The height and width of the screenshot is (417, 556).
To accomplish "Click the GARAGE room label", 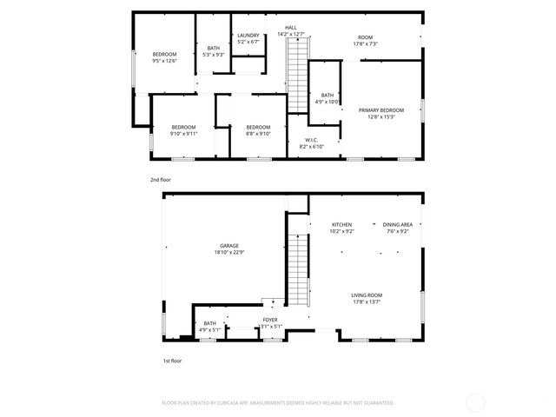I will [230, 247].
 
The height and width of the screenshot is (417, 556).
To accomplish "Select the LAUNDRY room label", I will [248, 36].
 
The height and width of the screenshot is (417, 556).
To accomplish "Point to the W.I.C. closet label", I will [312, 141].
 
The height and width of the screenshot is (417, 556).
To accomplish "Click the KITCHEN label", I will [341, 225].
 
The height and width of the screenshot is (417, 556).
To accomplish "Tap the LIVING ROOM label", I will [367, 295].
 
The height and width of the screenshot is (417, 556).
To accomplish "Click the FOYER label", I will [270, 320].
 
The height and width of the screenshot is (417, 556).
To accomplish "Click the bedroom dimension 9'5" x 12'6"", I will [164, 61].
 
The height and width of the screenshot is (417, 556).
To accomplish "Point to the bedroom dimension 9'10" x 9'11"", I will [183, 134].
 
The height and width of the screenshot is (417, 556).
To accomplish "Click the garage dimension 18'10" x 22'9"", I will [230, 253].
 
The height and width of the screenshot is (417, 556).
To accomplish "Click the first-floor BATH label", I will [210, 323].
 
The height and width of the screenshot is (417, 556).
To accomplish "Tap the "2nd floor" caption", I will [161, 180].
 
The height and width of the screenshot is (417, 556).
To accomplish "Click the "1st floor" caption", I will [172, 360].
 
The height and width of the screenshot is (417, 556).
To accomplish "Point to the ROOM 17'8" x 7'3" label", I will [366, 40].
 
